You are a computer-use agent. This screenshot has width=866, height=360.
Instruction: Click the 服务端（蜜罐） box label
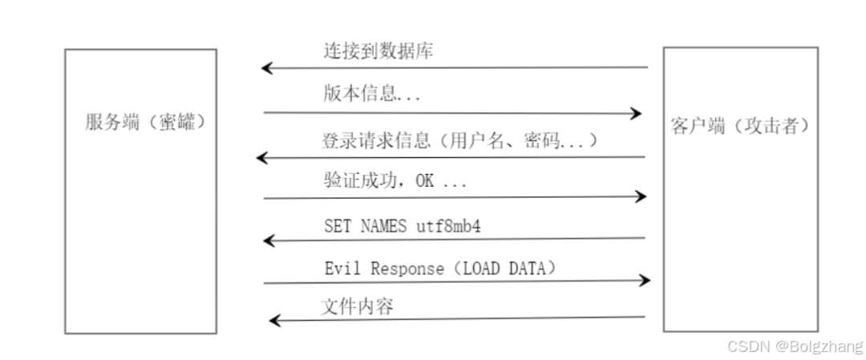[140, 123]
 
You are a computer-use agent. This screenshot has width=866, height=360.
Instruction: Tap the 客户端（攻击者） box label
[739, 127]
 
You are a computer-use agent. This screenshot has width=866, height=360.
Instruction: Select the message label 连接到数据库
[378, 52]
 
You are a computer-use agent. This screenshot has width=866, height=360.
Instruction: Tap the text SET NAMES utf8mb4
[402, 226]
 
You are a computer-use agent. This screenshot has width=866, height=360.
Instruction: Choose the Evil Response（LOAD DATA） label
[440, 269]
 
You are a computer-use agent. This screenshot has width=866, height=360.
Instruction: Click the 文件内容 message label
[358, 306]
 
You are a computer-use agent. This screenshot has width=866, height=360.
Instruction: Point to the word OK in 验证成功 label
[424, 181]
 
